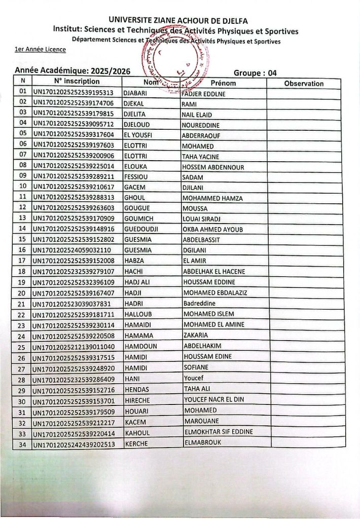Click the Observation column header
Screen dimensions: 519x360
point(304,84)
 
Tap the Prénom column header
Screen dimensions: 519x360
point(223,83)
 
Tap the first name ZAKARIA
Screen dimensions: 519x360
point(195,336)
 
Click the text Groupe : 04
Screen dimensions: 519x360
point(255,73)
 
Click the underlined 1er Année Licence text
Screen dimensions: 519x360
point(40,50)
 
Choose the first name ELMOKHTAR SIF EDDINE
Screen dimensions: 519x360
point(218,432)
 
